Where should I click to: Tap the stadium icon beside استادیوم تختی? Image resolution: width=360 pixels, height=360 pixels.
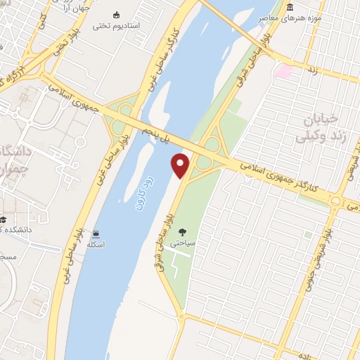click(x=117, y=14)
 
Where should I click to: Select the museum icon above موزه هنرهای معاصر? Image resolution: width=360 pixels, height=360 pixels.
click(x=290, y=6)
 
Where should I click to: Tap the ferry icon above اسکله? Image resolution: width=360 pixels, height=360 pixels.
click(x=96, y=233)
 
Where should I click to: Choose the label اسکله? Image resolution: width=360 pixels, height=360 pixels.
click(x=96, y=244)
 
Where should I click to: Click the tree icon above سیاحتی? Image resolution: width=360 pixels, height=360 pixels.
click(x=183, y=231)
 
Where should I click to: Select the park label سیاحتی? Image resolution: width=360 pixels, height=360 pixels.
click(x=184, y=242)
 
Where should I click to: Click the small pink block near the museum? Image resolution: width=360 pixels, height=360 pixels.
click(x=283, y=71)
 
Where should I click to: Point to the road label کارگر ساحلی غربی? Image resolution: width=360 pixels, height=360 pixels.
click(x=164, y=49)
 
